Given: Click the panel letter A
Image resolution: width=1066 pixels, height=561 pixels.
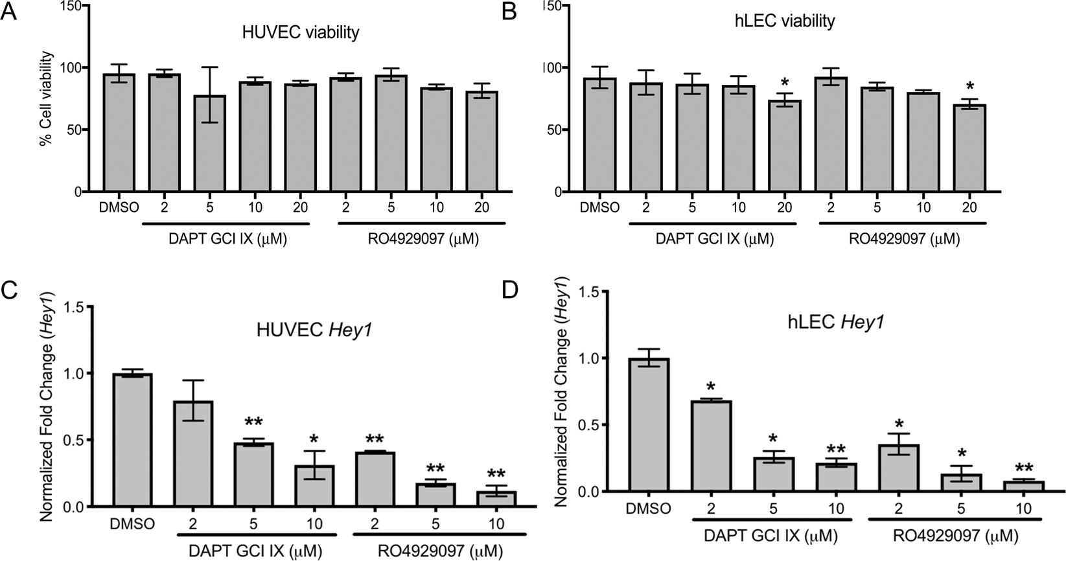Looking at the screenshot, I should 8,13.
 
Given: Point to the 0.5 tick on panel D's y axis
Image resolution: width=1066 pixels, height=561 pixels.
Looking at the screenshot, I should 593,424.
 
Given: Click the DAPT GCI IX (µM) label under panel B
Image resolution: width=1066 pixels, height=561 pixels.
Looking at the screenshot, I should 715,239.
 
